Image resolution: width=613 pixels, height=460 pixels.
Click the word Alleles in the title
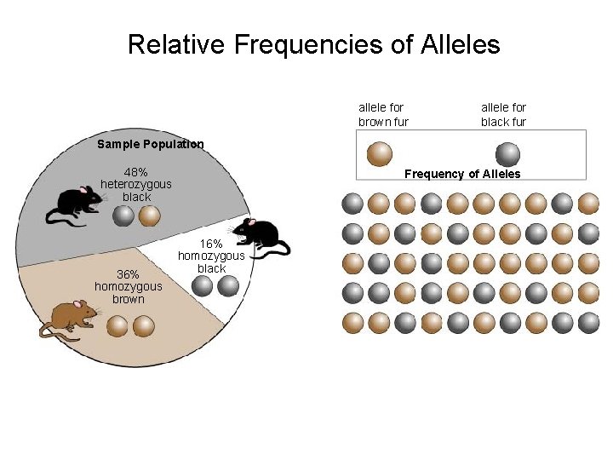(x=460, y=44)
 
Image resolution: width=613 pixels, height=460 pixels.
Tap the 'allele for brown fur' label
(x=383, y=114)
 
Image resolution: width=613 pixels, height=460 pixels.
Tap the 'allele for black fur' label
(x=503, y=114)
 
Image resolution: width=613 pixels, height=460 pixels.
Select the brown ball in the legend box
(x=379, y=154)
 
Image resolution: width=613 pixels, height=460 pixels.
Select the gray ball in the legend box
(x=508, y=154)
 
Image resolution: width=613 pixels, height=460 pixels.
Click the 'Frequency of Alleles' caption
(x=462, y=174)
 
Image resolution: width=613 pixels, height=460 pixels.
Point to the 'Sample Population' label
(x=151, y=144)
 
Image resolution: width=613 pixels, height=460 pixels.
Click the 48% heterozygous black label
(x=136, y=184)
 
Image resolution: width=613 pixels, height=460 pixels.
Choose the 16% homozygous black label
(x=211, y=256)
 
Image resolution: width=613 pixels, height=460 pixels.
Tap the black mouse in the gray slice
(x=78, y=203)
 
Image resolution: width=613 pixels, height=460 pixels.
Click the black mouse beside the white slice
(x=261, y=231)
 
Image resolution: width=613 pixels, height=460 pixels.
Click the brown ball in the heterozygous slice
(x=149, y=216)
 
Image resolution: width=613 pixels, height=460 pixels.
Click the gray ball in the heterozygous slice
(x=123, y=216)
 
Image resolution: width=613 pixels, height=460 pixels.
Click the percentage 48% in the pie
(x=136, y=171)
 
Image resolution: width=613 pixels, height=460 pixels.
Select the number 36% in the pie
(x=128, y=274)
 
